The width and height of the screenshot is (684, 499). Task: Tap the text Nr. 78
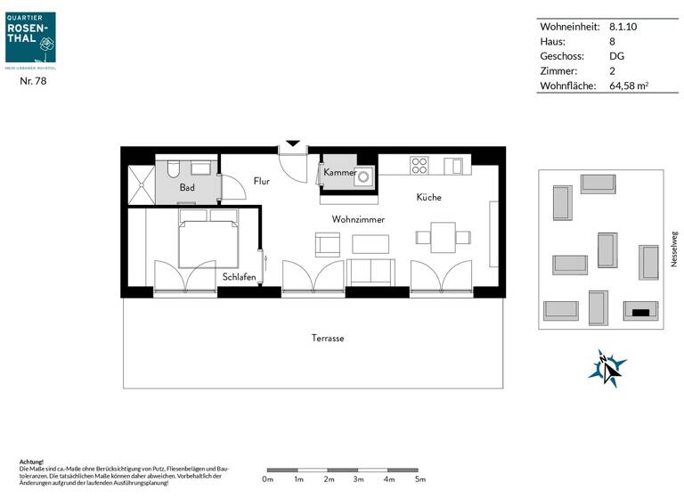coord(33,81)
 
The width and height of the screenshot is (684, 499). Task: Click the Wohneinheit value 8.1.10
coord(623,27)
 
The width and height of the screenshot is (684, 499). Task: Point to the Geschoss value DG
coord(616,56)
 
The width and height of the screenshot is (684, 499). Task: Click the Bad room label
coord(187,188)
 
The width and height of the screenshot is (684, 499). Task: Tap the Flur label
coord(261,181)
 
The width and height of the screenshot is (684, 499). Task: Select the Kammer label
coord(339,172)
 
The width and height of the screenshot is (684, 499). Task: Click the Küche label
coord(427,197)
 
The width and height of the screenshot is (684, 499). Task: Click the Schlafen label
coord(240,277)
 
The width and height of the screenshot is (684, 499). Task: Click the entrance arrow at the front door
coord(293,143)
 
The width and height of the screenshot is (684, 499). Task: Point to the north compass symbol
coord(607,366)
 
